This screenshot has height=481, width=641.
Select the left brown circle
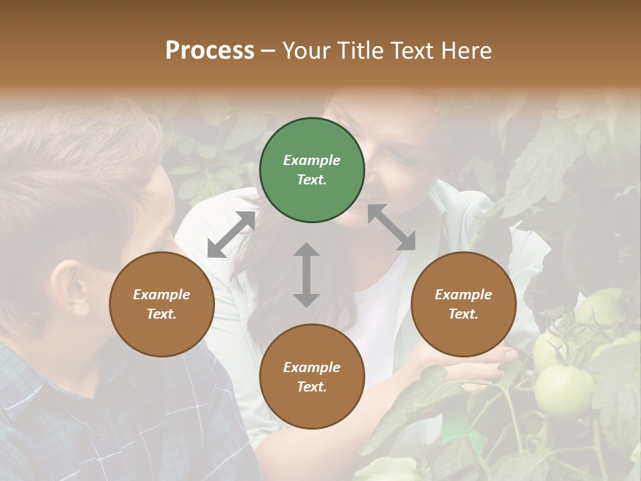pyautogui.click(x=162, y=304)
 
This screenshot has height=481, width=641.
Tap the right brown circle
pyautogui.click(x=463, y=304)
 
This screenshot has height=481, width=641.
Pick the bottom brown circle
pyautogui.click(x=312, y=377)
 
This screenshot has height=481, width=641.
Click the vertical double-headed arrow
pyautogui.click(x=306, y=275)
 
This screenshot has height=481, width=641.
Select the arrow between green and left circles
pyautogui.click(x=231, y=234)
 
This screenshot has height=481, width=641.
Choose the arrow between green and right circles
pyautogui.click(x=391, y=228)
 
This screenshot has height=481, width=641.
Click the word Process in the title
pyautogui.click(x=210, y=51)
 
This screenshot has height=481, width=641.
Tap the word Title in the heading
pyautogui.click(x=357, y=51)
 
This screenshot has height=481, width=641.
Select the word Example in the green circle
pyautogui.click(x=312, y=160)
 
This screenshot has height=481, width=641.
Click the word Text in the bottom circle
pyautogui.click(x=311, y=387)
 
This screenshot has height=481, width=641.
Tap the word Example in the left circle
pyautogui.click(x=162, y=295)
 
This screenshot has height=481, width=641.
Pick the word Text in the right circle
pyautogui.click(x=463, y=314)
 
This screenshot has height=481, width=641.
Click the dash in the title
pyautogui.click(x=268, y=51)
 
